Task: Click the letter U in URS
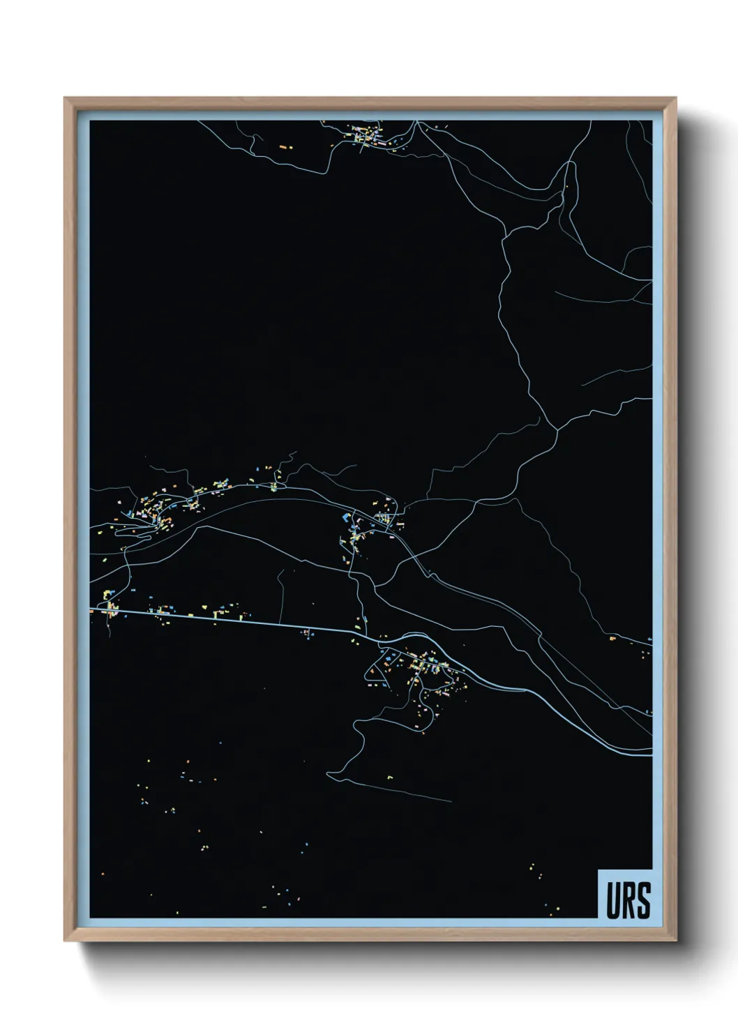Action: coord(612,900)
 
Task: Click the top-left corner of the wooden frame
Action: coord(66,99)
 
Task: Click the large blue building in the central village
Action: coord(346,517)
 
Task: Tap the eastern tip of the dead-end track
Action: coord(451,801)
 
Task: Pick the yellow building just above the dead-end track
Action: coord(391,775)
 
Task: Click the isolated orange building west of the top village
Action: coord(283,147)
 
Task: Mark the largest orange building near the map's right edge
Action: coord(612,638)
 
